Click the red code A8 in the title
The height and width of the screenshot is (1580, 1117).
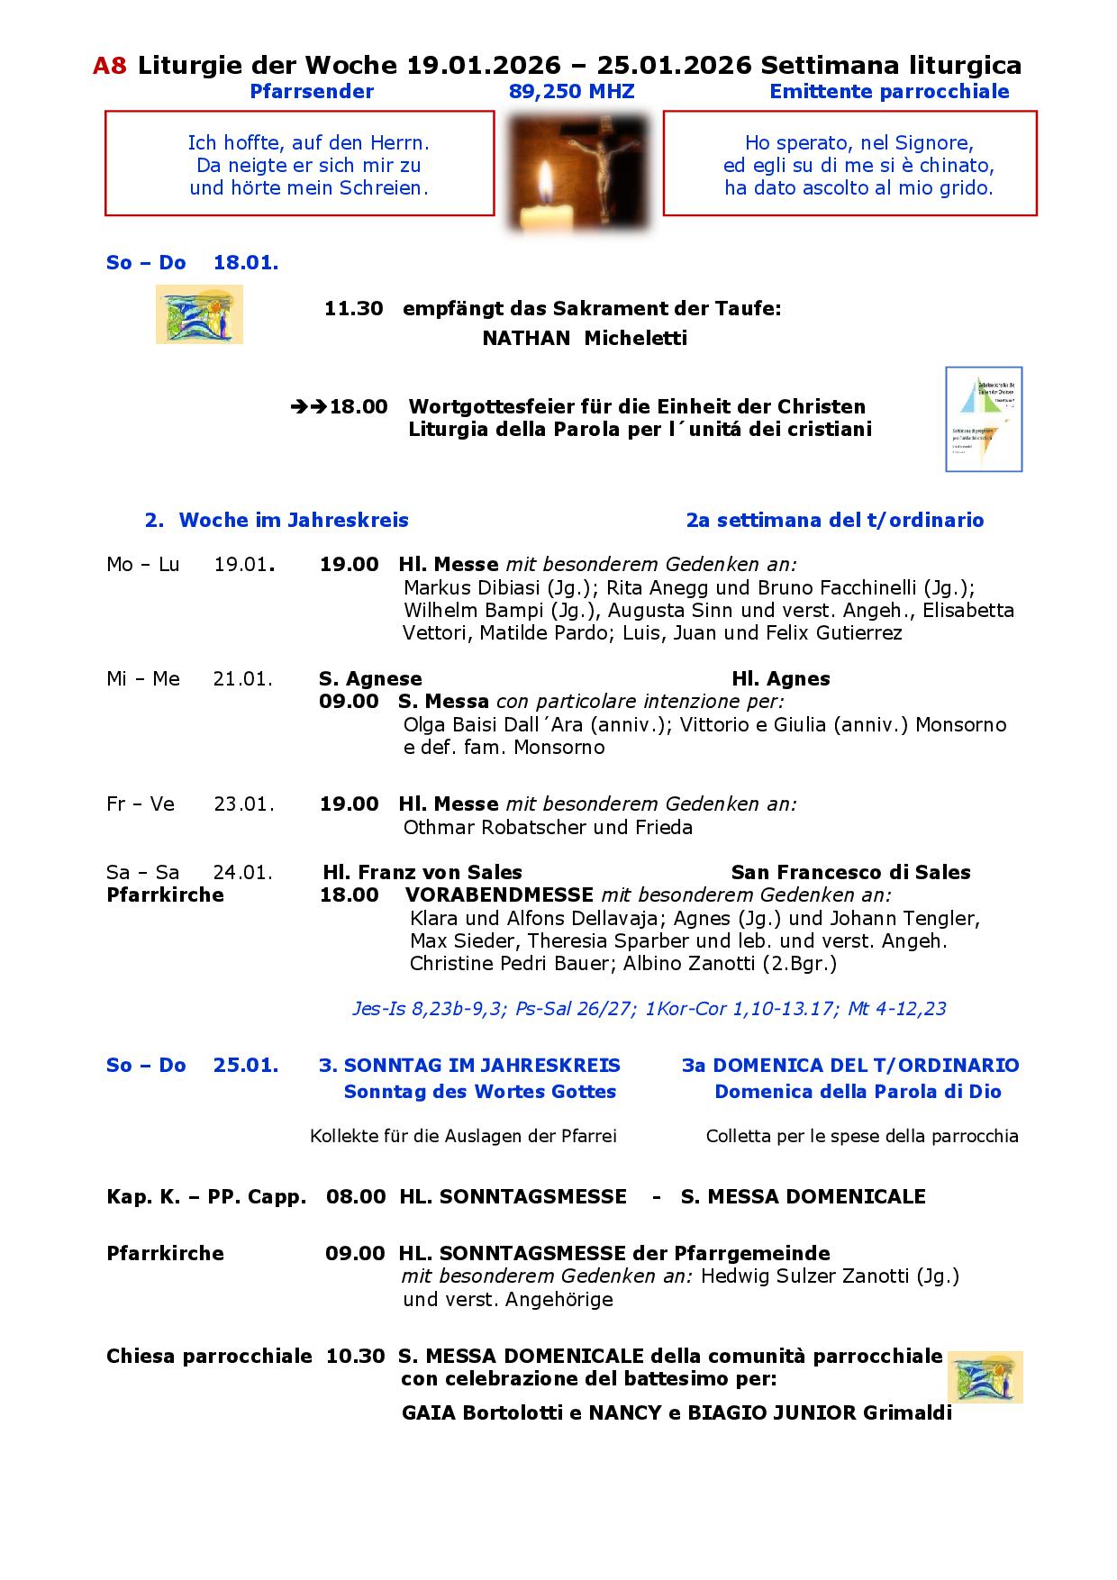point(110,66)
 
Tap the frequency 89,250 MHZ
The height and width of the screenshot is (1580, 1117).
point(571,92)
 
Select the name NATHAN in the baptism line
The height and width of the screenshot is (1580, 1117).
point(526,339)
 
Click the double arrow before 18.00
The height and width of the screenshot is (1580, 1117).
point(309,407)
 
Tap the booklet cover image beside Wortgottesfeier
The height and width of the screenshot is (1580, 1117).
point(983,419)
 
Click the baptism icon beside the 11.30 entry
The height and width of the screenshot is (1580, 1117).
point(199,314)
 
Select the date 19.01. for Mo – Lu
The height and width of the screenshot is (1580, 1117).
point(242,565)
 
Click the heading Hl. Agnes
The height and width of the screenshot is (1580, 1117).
point(780,679)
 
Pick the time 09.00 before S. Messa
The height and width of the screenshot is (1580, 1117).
point(349,702)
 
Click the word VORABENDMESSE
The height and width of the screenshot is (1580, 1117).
point(499,895)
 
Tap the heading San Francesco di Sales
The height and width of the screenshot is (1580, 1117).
point(850,873)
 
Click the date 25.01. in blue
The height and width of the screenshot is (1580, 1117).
point(245,1066)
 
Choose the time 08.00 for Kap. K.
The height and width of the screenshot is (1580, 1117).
point(356,1197)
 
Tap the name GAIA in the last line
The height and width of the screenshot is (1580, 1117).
point(428,1412)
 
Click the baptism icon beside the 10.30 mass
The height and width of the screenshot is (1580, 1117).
point(985,1377)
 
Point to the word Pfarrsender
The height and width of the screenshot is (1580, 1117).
point(312,92)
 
